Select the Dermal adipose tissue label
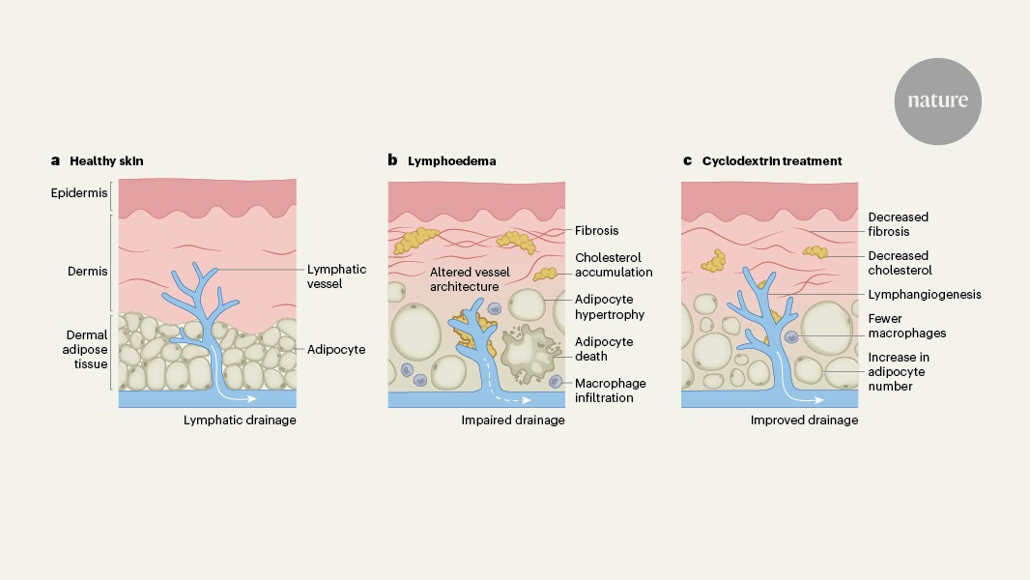click(x=80, y=350)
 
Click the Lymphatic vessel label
click(x=337, y=277)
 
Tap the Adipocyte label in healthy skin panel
click(x=336, y=349)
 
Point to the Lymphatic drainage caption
click(x=240, y=420)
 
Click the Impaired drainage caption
click(x=513, y=420)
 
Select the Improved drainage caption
click(x=804, y=420)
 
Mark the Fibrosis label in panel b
click(x=596, y=231)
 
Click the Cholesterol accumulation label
click(x=614, y=265)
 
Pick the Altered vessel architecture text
click(x=466, y=279)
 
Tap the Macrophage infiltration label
click(x=611, y=391)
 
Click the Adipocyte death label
click(x=604, y=348)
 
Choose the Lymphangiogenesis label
click(x=924, y=295)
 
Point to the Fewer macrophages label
click(x=906, y=326)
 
